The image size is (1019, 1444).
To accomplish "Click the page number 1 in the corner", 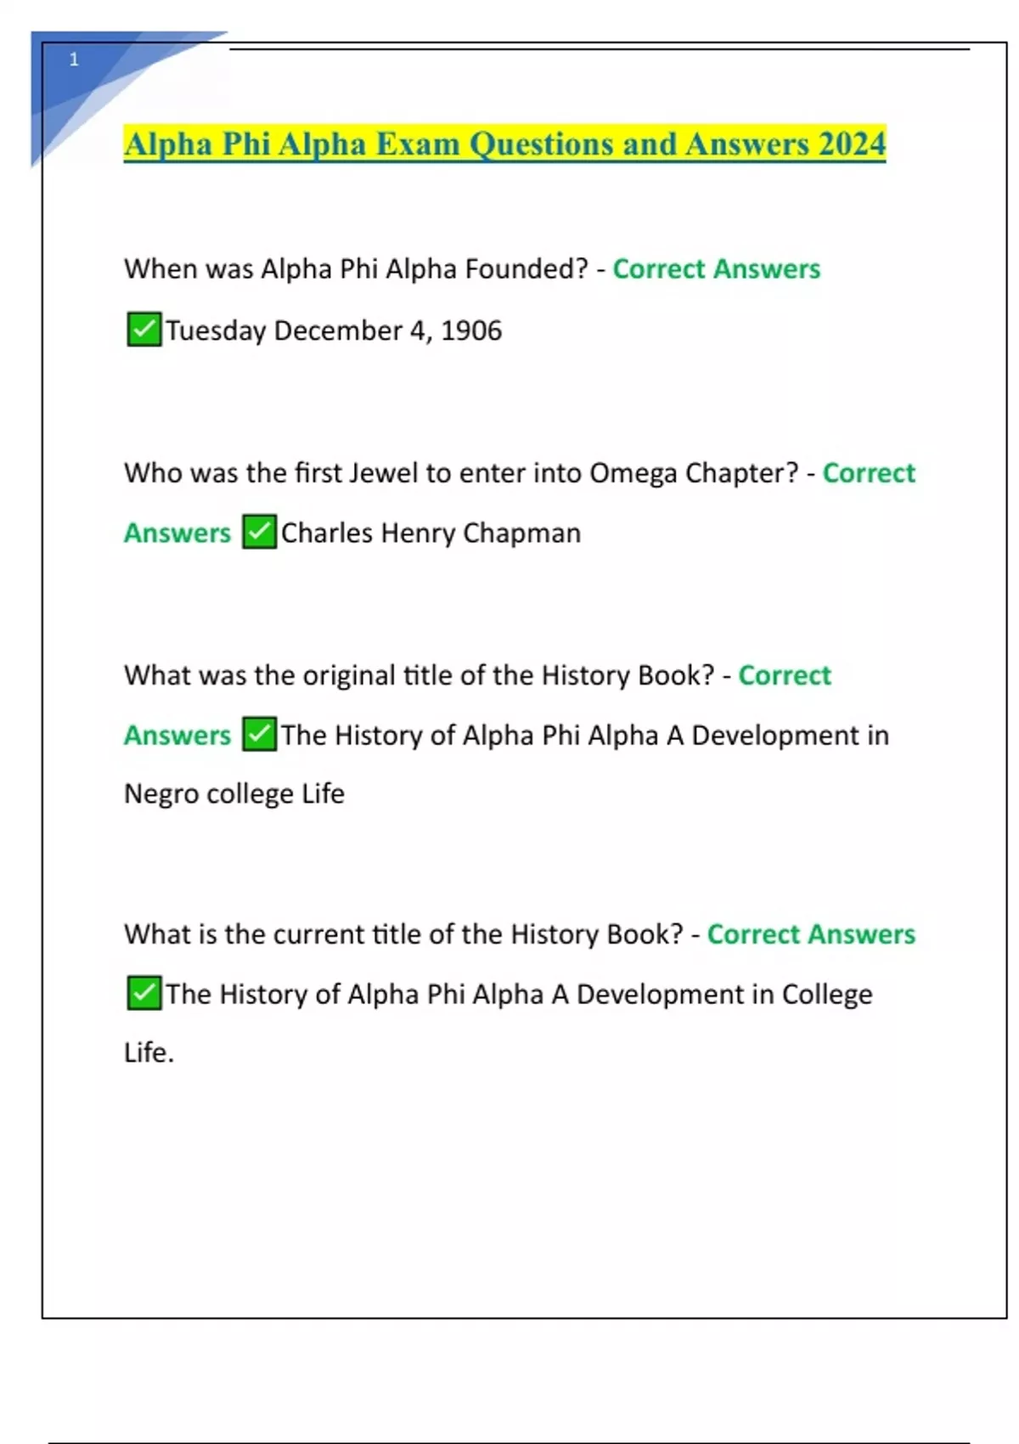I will point(74,59).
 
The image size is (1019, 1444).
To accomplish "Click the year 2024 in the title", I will point(852,144).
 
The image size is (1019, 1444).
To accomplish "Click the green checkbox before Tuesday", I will point(144,330).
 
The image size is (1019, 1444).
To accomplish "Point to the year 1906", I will point(471,330).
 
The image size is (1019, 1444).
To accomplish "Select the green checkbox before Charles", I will point(259,533).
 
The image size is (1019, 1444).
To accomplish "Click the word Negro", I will point(161,794).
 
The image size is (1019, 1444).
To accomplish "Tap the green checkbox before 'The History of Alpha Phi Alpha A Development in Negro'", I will point(259,735).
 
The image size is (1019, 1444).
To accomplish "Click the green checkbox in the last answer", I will point(144,993).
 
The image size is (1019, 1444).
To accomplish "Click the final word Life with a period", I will point(149,1052).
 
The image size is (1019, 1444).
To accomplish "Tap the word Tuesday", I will point(216,330).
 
